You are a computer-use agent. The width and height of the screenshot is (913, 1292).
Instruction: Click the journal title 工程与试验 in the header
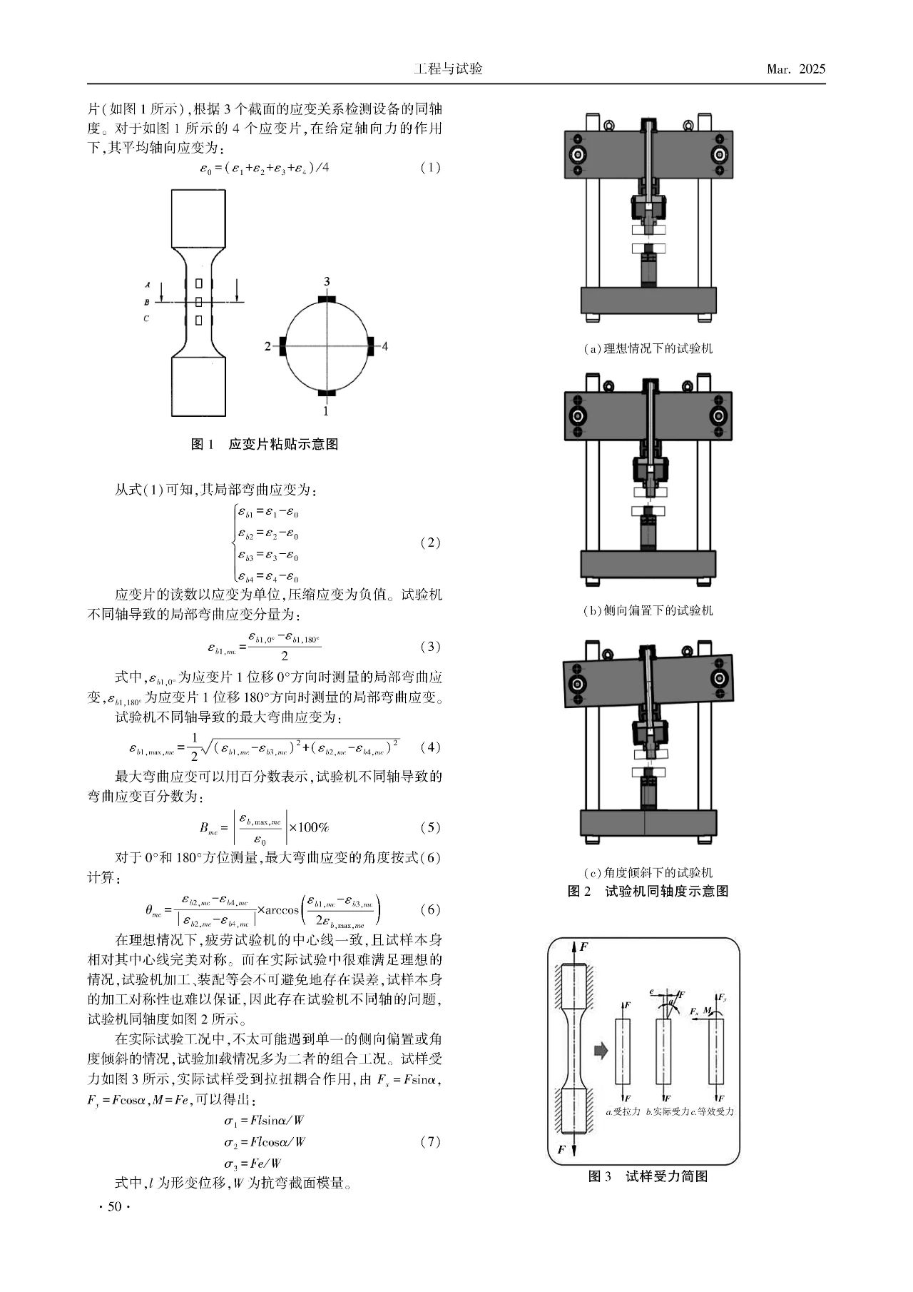(x=448, y=69)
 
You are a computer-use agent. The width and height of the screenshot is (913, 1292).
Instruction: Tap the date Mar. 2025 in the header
(x=795, y=69)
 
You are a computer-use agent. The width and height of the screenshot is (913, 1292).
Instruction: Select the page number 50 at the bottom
(x=113, y=1206)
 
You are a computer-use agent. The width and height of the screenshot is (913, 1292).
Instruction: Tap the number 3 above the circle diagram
(x=327, y=282)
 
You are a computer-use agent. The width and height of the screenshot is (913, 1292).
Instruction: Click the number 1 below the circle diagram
(x=326, y=411)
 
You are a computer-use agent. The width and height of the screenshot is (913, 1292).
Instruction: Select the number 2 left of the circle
(x=267, y=347)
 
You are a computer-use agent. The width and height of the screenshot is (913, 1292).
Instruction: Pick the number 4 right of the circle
(x=385, y=347)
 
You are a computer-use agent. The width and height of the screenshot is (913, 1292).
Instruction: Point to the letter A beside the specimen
(x=146, y=283)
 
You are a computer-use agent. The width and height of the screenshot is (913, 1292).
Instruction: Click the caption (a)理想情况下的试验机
(x=648, y=348)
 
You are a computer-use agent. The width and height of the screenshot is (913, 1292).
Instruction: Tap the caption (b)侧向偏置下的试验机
(x=648, y=610)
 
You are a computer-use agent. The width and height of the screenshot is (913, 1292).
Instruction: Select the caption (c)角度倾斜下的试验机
(x=648, y=872)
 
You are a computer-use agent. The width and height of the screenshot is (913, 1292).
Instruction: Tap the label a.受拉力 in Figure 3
(x=623, y=1111)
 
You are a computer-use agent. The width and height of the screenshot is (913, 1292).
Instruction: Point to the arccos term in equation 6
(x=282, y=910)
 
